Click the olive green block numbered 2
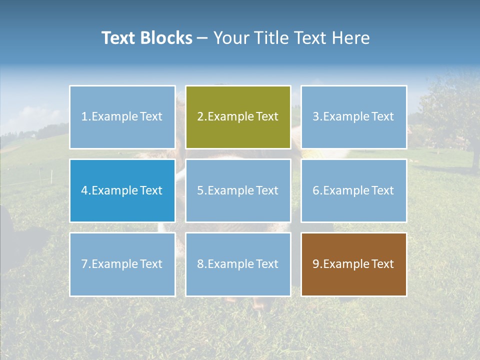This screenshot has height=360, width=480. click(238, 117)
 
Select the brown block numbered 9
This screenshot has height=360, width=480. click(353, 264)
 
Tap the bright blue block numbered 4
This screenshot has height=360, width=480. click(122, 190)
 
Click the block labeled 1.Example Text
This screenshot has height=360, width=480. click(122, 117)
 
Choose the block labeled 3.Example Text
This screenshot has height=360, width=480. click(353, 117)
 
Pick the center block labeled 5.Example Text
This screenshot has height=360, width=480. click(238, 190)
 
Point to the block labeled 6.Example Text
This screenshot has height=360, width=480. click(353, 190)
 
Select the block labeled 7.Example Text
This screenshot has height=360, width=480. click(122, 264)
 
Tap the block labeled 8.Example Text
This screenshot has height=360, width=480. click(238, 264)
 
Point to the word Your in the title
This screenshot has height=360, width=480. click(230, 38)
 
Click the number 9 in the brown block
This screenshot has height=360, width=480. click(315, 264)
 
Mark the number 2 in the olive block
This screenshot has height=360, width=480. click(200, 117)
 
